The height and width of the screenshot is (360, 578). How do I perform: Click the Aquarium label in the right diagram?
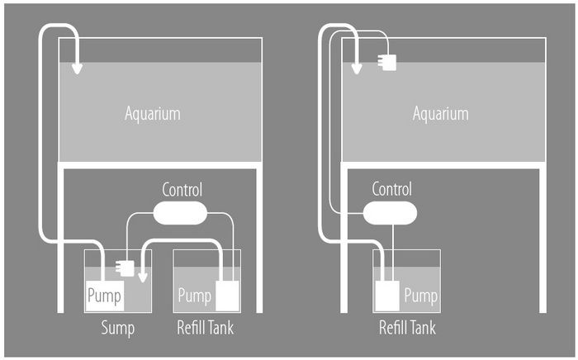(x=440, y=113)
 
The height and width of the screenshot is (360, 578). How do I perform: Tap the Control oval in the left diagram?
(x=182, y=213)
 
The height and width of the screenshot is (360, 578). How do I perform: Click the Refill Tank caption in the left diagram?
(x=205, y=329)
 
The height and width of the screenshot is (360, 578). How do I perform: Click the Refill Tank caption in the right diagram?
(x=407, y=329)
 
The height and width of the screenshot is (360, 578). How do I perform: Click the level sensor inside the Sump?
(x=126, y=268)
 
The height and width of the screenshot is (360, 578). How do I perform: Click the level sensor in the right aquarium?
(x=386, y=61)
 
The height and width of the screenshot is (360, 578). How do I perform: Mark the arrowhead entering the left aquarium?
(x=77, y=68)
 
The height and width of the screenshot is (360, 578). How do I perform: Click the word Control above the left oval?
(x=182, y=191)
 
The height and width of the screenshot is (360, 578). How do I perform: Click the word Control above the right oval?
(x=391, y=189)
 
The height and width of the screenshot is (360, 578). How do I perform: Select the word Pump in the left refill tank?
(x=195, y=295)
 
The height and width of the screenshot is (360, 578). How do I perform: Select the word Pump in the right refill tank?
(x=421, y=295)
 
